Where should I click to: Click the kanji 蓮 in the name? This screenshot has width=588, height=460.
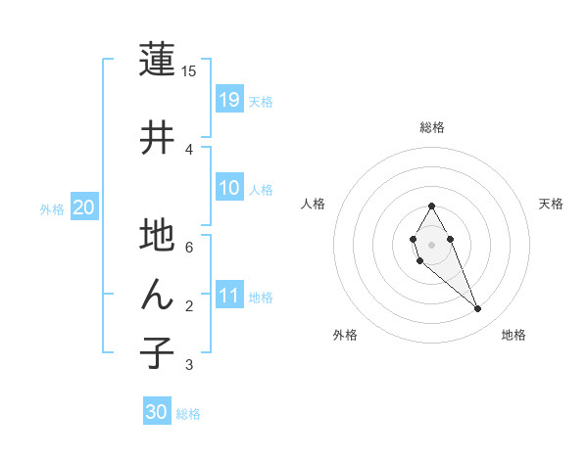click(157, 61)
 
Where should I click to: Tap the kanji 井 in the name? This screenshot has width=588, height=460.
click(157, 137)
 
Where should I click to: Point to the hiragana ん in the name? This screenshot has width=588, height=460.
click(157, 295)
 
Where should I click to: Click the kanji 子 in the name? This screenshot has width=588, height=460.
click(157, 353)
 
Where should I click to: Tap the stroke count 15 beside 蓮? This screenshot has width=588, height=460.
click(189, 70)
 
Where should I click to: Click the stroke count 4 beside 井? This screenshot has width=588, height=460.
click(189, 149)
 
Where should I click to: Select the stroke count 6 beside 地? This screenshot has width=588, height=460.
click(189, 247)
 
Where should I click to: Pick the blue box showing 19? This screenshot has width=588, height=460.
click(229, 99)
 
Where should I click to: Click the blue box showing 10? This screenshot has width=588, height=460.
click(229, 188)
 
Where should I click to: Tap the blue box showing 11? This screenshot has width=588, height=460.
click(229, 296)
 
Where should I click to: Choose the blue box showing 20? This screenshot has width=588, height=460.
click(84, 207)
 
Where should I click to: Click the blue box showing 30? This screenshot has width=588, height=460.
click(157, 412)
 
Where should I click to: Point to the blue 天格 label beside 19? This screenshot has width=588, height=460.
click(261, 101)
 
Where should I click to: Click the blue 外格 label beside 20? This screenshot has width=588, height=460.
click(52, 208)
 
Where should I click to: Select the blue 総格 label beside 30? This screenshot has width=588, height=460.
click(188, 414)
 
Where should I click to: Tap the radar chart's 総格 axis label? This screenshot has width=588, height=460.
click(432, 127)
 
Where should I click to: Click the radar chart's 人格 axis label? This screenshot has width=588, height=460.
click(314, 204)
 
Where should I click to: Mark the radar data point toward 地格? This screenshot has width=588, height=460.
click(477, 309)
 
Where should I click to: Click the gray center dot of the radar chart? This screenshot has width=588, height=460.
click(431, 244)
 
